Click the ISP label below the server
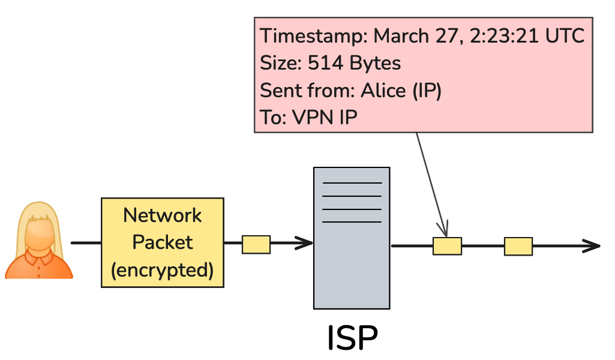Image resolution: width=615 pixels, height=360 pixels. (352, 338)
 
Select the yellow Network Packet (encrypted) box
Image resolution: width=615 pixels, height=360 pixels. (162, 243)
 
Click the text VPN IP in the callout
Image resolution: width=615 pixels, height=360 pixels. (325, 118)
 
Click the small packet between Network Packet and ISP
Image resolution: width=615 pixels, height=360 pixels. (256, 244)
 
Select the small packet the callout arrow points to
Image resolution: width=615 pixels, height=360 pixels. (447, 246)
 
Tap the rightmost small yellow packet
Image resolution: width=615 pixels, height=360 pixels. (518, 246)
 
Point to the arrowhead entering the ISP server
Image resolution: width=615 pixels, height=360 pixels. (305, 243)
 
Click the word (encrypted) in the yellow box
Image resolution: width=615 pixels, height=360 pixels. (162, 270)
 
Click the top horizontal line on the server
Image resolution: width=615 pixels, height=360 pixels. (352, 182)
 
